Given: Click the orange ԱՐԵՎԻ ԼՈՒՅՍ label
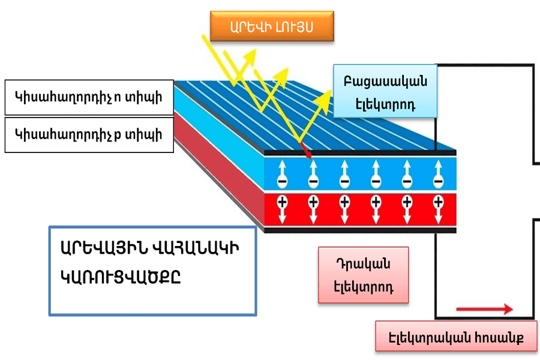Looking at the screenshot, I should (271, 26).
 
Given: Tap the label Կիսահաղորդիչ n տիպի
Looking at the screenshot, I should (89, 97).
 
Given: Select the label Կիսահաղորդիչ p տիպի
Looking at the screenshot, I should (89, 134).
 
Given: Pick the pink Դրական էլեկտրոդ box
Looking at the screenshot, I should (364, 275).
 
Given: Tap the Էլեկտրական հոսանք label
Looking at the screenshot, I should (457, 337).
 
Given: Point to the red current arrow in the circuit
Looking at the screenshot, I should (484, 309).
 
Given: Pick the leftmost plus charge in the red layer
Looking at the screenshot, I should (281, 203).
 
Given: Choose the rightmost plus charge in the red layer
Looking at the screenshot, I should (439, 203).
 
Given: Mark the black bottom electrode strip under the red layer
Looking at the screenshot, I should (360, 230).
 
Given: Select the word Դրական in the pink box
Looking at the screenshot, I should (364, 264).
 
